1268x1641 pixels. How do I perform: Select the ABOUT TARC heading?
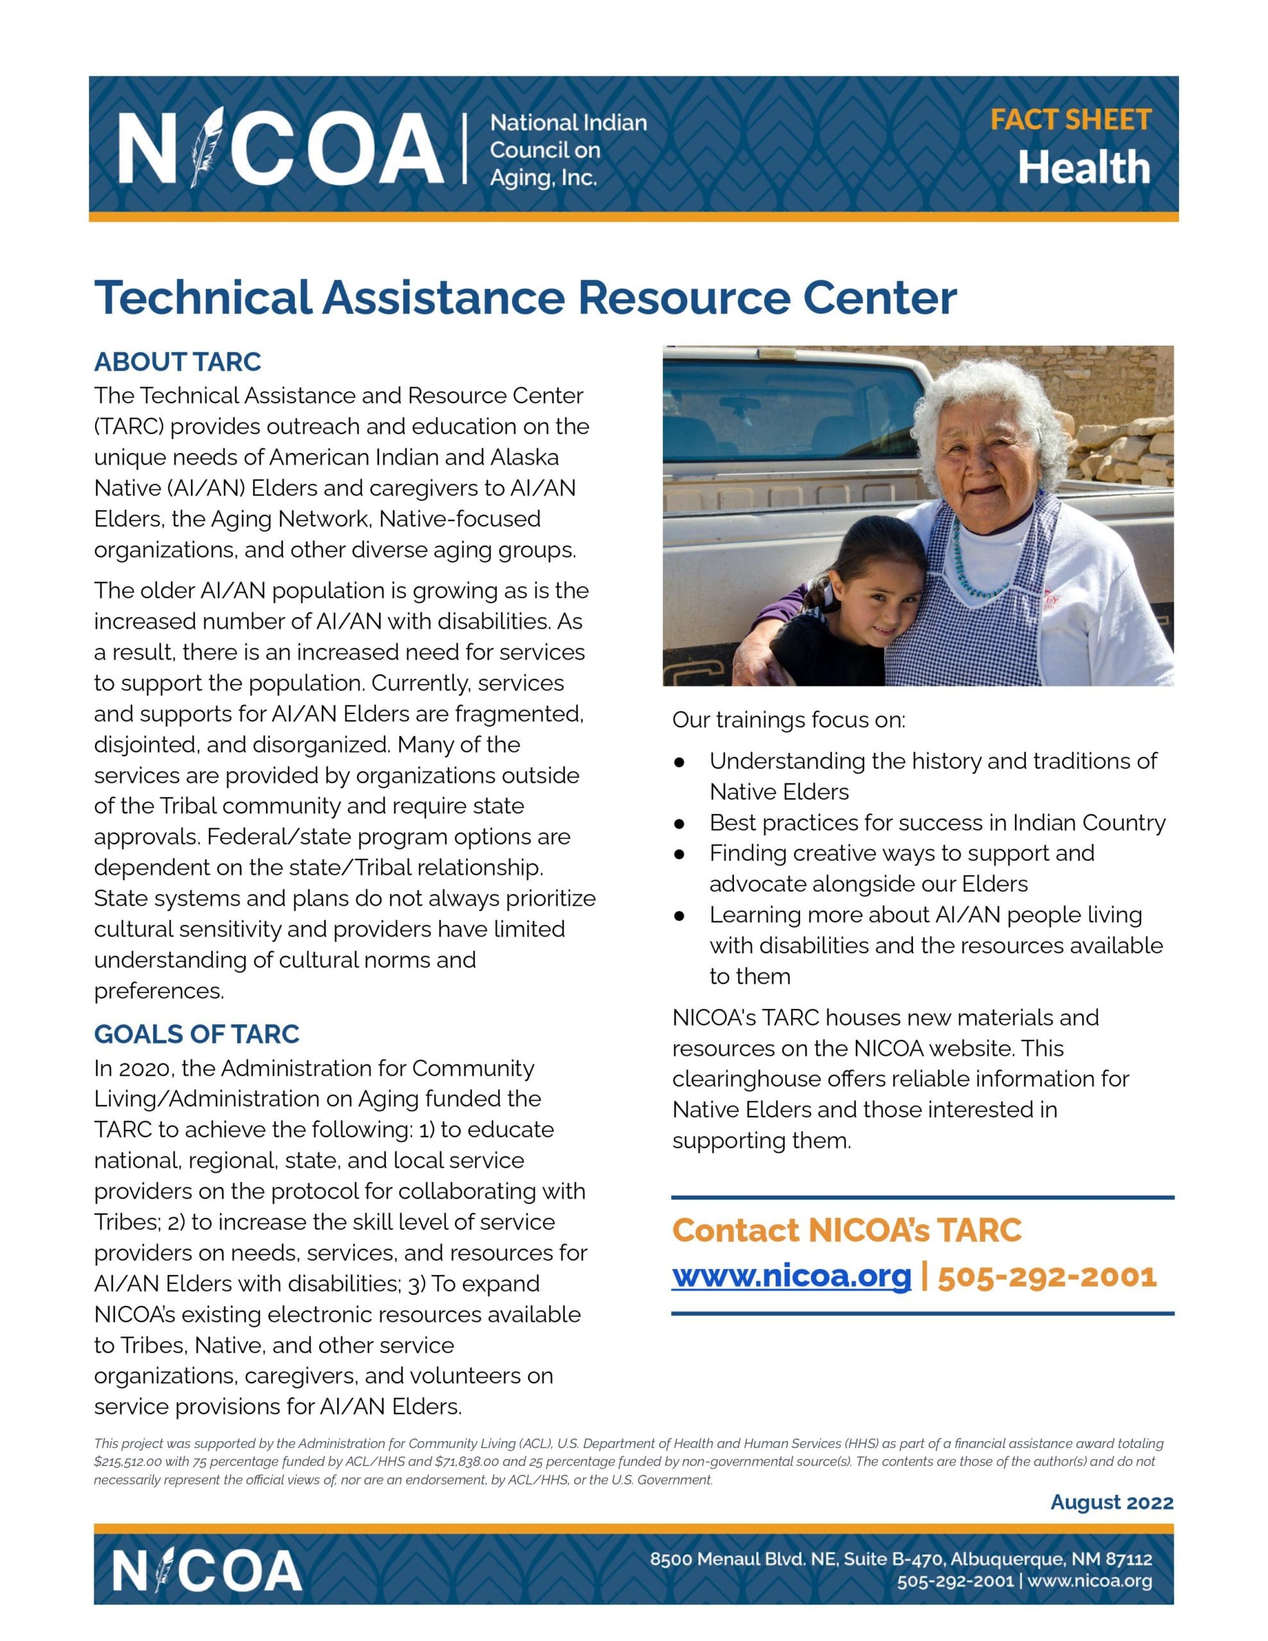click(x=178, y=362)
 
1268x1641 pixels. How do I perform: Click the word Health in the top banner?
click(x=1084, y=167)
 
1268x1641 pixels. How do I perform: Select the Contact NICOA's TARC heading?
click(x=846, y=1230)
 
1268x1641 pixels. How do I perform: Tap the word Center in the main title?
click(x=880, y=297)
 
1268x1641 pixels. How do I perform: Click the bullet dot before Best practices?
click(x=680, y=824)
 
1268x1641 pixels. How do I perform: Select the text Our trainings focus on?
click(x=788, y=720)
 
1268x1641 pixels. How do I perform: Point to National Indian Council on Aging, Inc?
click(x=567, y=150)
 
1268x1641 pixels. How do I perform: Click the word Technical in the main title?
click(x=203, y=297)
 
